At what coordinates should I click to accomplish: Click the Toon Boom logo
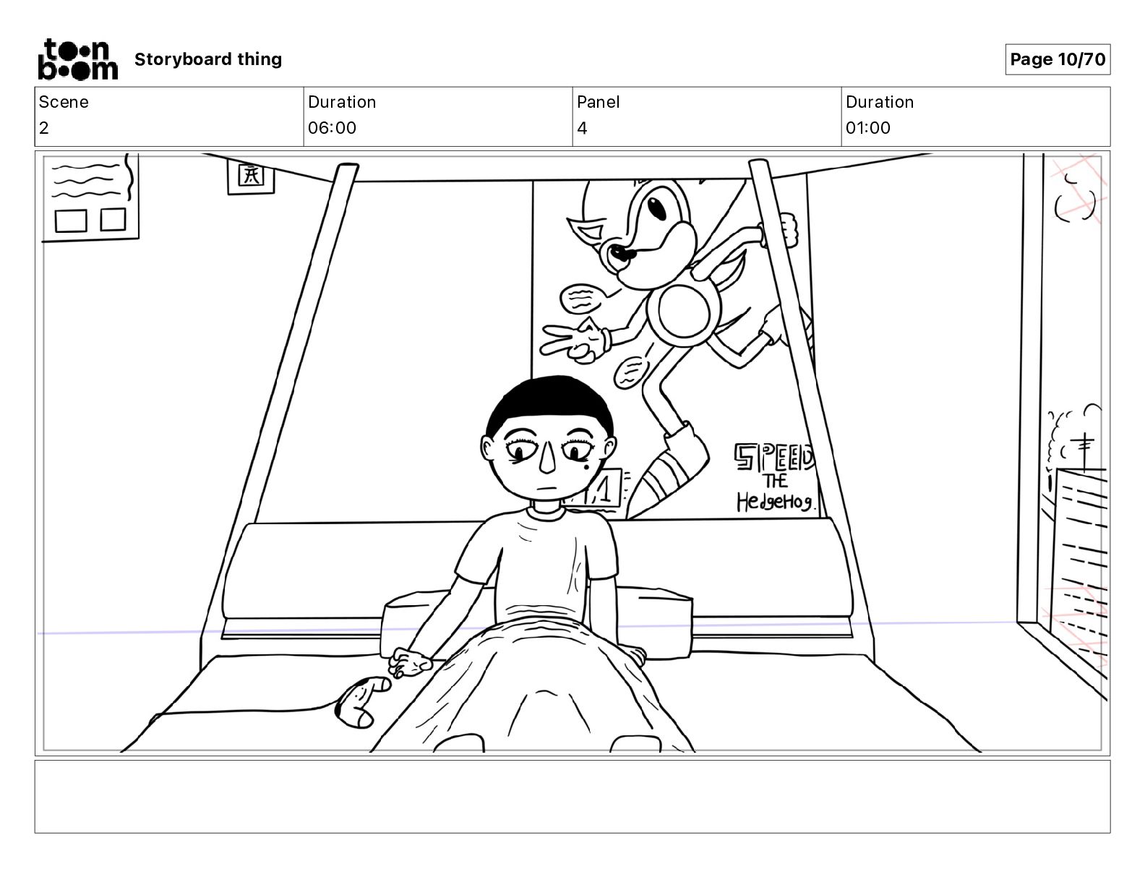point(77,59)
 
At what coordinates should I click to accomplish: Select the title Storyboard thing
point(208,59)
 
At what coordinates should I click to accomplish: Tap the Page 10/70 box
point(1057,59)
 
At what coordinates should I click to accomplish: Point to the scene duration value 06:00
point(332,128)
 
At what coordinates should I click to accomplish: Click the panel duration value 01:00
point(867,128)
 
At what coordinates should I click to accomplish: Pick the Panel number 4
point(582,128)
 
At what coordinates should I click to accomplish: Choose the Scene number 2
point(44,128)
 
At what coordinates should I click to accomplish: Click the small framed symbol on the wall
point(250,176)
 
